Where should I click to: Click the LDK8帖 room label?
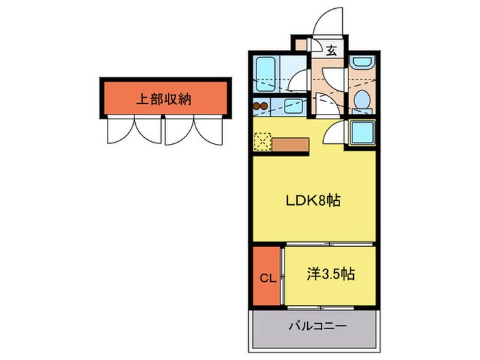tap(313, 202)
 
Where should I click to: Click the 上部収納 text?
tap(163, 99)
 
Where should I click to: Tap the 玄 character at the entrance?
tap(331, 49)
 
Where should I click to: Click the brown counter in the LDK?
tap(291, 144)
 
